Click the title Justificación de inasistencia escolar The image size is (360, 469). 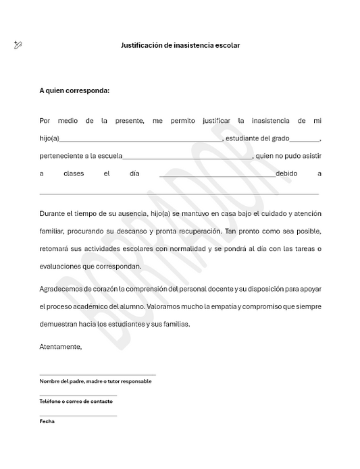(x=180, y=46)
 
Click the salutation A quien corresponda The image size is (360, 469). (x=74, y=90)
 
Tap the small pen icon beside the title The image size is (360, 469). (x=18, y=45)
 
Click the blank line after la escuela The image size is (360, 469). (x=187, y=157)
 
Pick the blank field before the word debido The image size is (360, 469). (x=217, y=174)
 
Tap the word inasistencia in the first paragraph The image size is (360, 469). (x=270, y=121)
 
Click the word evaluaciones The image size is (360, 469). (x=60, y=267)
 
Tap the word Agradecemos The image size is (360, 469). (x=61, y=289)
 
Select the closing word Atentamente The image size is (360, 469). (x=61, y=346)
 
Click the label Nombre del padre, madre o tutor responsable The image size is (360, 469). (x=95, y=381)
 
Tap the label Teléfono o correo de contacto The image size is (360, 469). (x=76, y=402)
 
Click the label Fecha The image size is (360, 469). (x=47, y=421)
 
